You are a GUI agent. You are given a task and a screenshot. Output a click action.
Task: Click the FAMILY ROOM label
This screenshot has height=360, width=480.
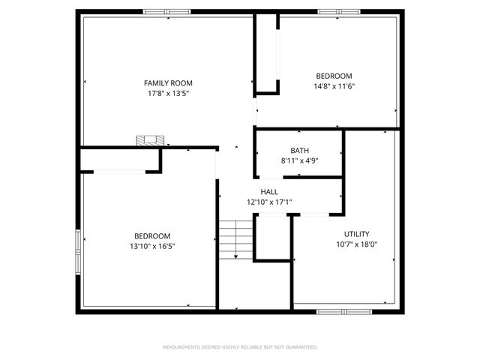point(169,82)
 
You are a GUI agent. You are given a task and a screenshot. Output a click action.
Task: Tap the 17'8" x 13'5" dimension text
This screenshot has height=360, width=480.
point(169,94)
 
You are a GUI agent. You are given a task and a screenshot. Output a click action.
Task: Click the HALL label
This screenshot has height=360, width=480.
point(269,192)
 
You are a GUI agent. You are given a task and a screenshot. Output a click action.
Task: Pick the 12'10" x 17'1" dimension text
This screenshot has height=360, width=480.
point(269,202)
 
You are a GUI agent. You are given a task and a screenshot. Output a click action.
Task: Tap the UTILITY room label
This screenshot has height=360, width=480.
point(356,234)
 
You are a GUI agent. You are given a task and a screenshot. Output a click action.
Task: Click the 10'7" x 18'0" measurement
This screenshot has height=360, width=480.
point(356,244)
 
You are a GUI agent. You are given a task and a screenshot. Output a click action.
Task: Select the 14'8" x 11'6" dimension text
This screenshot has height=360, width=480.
point(334,86)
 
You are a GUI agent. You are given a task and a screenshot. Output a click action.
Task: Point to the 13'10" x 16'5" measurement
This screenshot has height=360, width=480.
point(152,245)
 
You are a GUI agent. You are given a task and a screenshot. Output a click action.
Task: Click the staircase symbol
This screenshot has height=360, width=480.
point(235,239)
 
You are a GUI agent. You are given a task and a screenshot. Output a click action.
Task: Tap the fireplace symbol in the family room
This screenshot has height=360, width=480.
point(150,140)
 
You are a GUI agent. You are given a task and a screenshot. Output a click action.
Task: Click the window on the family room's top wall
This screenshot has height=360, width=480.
point(166,11)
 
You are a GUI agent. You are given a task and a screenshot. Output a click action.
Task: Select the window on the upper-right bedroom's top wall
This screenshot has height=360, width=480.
point(334,11)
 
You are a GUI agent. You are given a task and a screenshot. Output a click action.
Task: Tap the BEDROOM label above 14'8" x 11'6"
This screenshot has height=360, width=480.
point(334,76)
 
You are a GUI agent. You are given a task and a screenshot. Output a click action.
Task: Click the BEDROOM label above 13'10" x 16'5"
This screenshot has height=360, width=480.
point(152,235)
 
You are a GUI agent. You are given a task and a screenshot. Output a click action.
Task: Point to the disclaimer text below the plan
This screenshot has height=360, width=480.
point(240,347)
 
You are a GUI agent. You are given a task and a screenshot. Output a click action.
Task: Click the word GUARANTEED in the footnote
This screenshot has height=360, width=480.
point(301,347)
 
